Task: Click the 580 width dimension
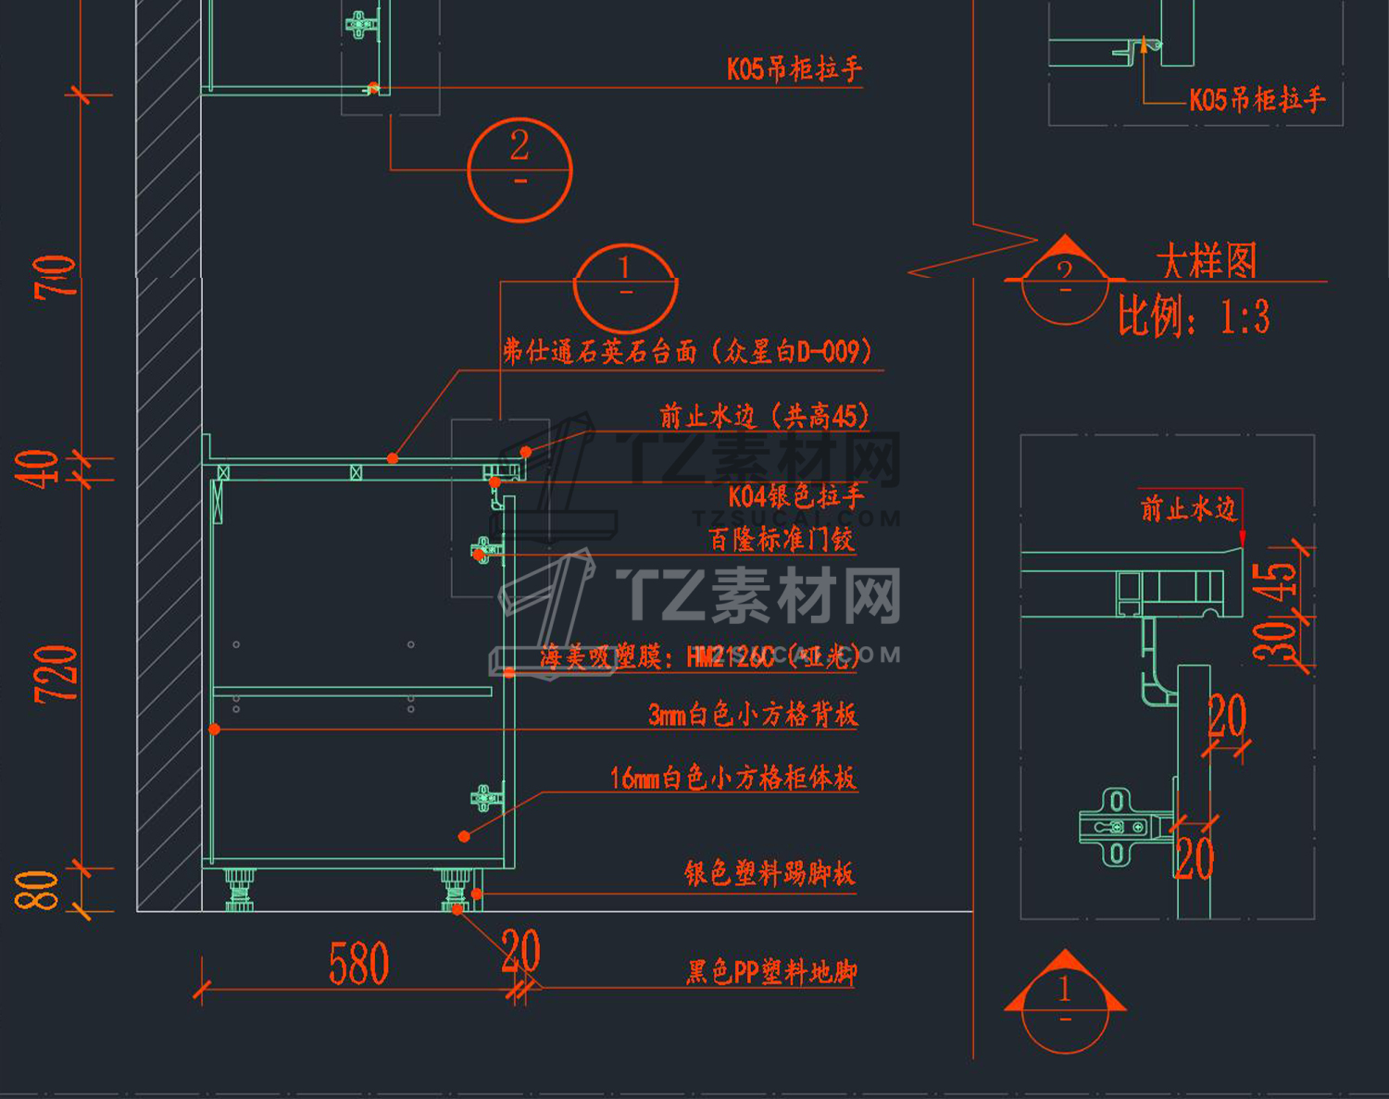358,964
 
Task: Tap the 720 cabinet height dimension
56,673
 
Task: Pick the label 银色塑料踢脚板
769,873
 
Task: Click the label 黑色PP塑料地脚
771,972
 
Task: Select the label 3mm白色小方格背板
753,714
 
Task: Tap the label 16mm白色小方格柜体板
732,778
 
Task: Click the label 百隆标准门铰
781,539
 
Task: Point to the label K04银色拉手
795,496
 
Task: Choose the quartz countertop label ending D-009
687,352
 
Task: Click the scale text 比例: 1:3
1194,318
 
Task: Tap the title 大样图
1207,261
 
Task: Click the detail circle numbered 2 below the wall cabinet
519,169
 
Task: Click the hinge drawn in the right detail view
1118,827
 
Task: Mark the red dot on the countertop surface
393,458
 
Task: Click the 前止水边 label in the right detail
1188,508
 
